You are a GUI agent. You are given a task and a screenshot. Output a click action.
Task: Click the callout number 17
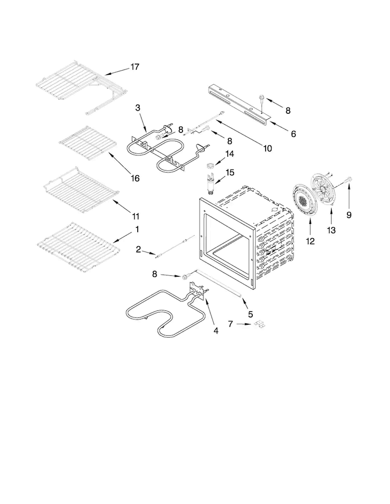pyautogui.click(x=135, y=67)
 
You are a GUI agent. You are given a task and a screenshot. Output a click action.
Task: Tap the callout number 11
pyautogui.click(x=136, y=216)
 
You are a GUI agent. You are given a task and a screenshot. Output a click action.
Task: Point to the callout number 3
pyautogui.click(x=138, y=108)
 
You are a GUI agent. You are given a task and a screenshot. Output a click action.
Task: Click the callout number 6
pyautogui.click(x=293, y=134)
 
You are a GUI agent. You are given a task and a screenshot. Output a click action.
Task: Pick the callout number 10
pyautogui.click(x=267, y=148)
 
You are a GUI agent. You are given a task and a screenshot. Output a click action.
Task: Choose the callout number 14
pyautogui.click(x=230, y=154)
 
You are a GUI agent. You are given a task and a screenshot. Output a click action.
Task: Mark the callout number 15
pyautogui.click(x=230, y=173)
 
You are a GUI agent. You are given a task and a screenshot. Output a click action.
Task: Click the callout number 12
pyautogui.click(x=310, y=241)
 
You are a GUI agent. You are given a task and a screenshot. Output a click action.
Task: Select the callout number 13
pyautogui.click(x=331, y=230)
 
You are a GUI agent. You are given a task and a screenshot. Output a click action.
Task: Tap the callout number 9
pyautogui.click(x=349, y=215)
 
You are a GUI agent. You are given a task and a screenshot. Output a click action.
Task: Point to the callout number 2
pyautogui.click(x=138, y=249)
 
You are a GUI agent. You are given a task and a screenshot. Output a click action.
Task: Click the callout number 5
pyautogui.click(x=250, y=314)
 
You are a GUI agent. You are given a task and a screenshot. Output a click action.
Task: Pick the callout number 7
pyautogui.click(x=230, y=324)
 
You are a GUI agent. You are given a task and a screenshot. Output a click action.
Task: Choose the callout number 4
pyautogui.click(x=216, y=330)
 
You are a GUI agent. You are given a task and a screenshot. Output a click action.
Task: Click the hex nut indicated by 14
pyautogui.click(x=210, y=166)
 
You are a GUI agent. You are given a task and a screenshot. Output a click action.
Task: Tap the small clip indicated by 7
pyautogui.click(x=260, y=325)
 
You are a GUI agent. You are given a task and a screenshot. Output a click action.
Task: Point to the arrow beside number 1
pyautogui.click(x=121, y=238)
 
